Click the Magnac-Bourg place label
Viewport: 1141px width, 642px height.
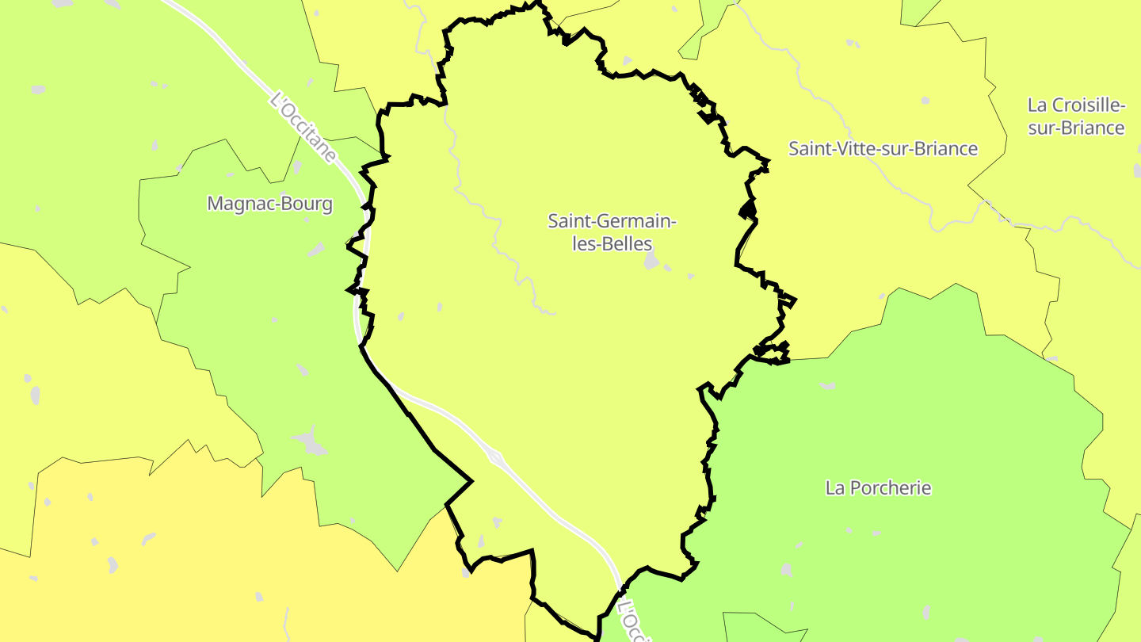pos(269,204)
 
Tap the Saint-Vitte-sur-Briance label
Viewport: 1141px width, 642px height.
pos(883,149)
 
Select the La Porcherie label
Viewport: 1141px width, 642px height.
pos(878,487)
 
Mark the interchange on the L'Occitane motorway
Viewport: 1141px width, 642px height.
pos(496,457)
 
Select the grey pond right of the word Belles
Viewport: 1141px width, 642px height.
pos(651,261)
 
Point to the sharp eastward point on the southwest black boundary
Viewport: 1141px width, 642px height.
pos(471,480)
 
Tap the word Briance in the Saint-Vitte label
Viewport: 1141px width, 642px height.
pos(944,149)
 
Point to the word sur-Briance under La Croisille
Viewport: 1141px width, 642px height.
pos(1076,128)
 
